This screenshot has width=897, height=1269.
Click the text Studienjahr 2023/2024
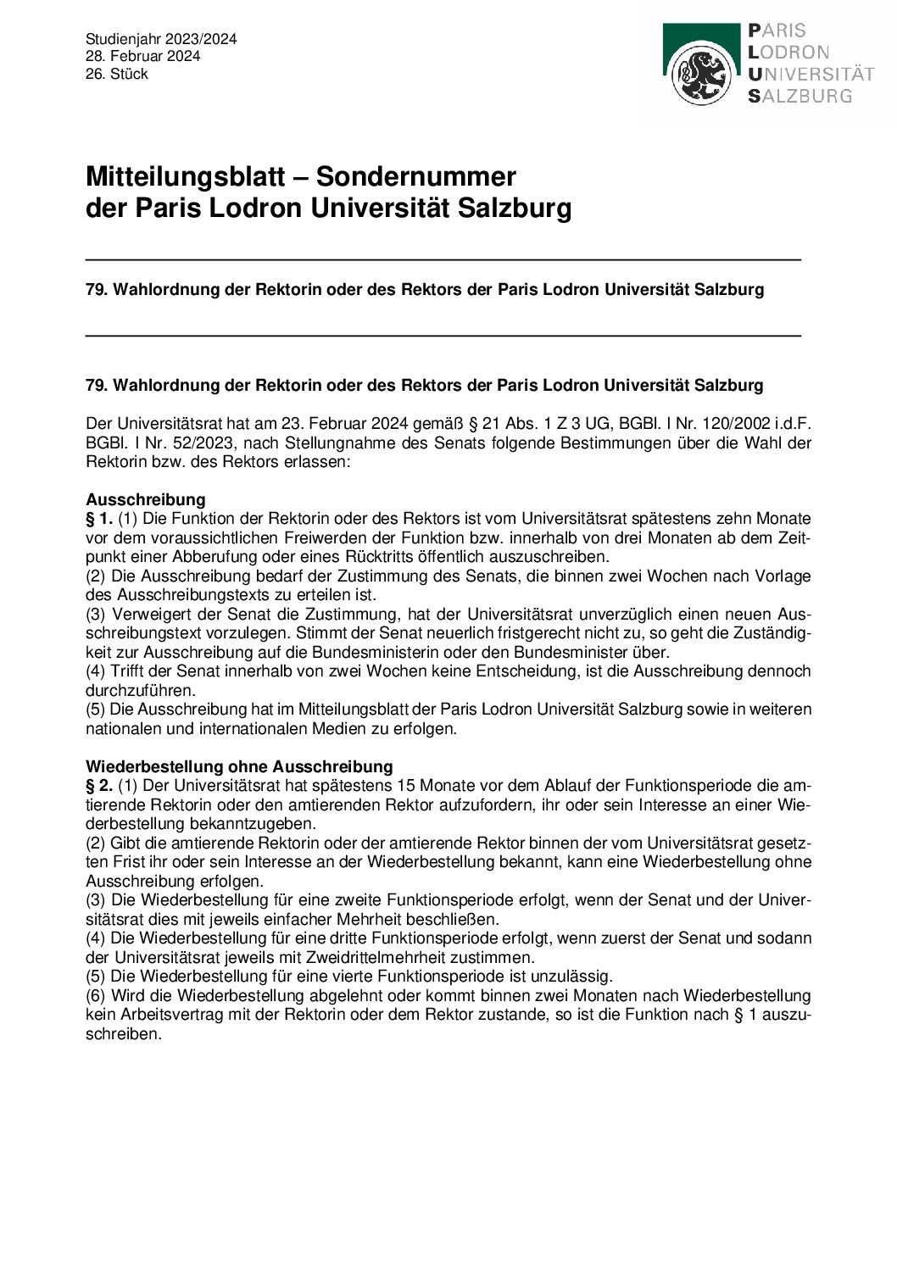(161, 39)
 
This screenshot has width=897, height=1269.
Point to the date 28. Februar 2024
(142, 56)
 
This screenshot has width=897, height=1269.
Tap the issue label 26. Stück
(117, 74)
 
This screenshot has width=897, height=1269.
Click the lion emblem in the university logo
(701, 74)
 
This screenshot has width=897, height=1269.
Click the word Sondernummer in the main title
(415, 176)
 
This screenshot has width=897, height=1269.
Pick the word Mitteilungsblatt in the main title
(185, 176)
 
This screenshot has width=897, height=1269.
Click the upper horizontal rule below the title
(443, 259)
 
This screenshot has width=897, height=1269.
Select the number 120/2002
(726, 423)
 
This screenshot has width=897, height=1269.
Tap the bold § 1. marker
(99, 519)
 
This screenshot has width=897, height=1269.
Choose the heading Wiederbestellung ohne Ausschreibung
(239, 766)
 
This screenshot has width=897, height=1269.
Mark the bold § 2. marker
(99, 786)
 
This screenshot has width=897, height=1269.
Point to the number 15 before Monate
(405, 786)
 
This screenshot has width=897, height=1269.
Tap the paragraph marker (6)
(96, 995)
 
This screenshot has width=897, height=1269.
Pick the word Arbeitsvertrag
(162, 1015)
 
